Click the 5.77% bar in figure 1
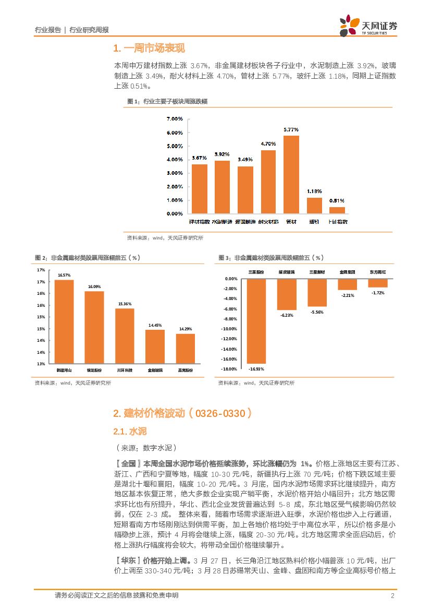(x=291, y=174)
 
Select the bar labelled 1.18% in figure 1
(x=314, y=206)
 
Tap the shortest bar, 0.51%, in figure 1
(x=337, y=210)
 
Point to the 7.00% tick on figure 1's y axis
(x=174, y=119)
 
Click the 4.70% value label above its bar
(x=268, y=144)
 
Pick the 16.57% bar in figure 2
(x=64, y=321)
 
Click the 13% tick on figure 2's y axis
(x=41, y=364)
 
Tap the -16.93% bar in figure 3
(x=256, y=321)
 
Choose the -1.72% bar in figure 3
(x=378, y=283)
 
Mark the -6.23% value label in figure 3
(x=287, y=315)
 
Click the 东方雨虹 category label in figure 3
(x=378, y=272)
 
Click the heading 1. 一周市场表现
(x=149, y=49)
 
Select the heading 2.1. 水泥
(x=130, y=432)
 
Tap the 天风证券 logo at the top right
(x=368, y=26)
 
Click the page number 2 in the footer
(x=391, y=595)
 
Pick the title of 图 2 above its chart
(x=87, y=258)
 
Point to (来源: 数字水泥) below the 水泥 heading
(x=145, y=448)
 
